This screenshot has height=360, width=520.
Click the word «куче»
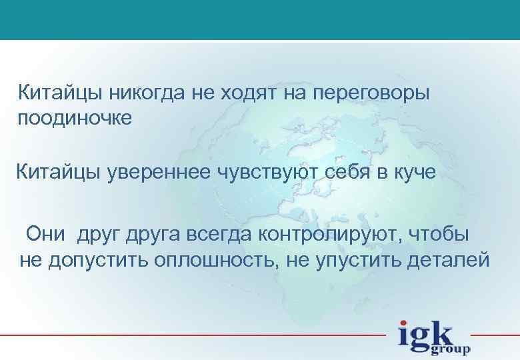413,174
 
